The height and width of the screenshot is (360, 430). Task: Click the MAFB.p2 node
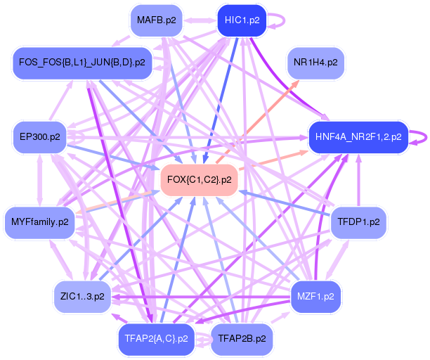click(157, 20)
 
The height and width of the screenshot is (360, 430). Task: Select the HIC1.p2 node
click(242, 20)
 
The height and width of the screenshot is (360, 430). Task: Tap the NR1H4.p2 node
click(315, 63)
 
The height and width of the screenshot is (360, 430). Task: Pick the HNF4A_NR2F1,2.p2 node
click(358, 137)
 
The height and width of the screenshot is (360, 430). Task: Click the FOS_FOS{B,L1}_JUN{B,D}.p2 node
click(82, 63)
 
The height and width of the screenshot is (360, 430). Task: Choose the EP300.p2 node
click(40, 137)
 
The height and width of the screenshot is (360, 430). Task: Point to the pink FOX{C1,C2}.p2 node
click(199, 180)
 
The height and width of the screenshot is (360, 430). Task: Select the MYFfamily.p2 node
click(40, 222)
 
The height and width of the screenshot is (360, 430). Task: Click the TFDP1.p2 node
click(358, 222)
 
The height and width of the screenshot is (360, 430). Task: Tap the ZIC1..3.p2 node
click(82, 297)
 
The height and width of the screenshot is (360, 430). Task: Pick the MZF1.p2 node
click(315, 297)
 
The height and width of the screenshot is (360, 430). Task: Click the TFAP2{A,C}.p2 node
click(156, 339)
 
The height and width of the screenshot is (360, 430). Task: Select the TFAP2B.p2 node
click(242, 339)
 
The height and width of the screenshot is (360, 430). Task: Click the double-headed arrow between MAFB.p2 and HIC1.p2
click(200, 20)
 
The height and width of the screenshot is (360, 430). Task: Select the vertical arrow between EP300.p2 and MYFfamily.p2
click(40, 180)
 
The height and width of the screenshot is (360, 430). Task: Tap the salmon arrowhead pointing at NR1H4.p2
click(295, 83)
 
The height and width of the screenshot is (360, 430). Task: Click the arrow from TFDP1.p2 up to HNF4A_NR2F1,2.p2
click(359, 180)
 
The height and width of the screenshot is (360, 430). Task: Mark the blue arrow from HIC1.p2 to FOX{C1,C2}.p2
click(220, 100)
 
